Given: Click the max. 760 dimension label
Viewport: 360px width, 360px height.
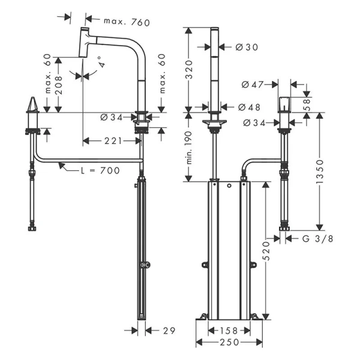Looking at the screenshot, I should coord(126,22).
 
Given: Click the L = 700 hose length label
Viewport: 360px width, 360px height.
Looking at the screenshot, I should coord(100,170).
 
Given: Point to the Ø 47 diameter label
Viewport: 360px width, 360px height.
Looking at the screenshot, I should coord(253,85).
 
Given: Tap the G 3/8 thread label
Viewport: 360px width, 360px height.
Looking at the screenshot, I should coord(314,239).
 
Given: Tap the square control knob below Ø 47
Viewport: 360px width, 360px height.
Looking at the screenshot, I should coord(284,103).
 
